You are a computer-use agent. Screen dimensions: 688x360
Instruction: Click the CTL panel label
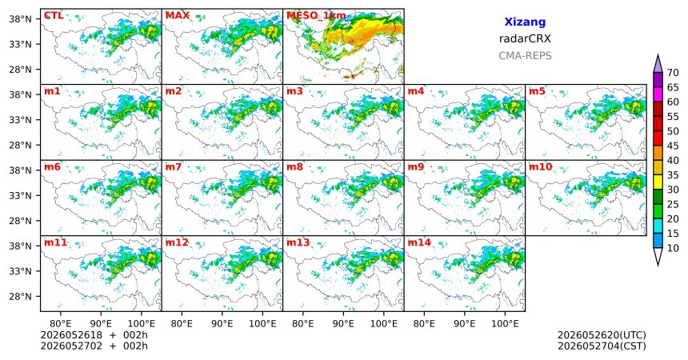point(54,16)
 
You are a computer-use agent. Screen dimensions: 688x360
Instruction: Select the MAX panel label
point(178,16)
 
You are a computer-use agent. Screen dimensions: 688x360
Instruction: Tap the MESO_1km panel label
point(316,16)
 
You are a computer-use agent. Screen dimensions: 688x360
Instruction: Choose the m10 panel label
point(541,167)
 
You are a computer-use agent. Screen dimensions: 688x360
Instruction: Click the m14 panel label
point(419,242)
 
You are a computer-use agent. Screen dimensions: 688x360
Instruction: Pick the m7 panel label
point(174,167)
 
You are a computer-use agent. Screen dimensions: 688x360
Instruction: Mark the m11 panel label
point(55,242)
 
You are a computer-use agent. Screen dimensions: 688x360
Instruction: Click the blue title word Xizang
point(525,22)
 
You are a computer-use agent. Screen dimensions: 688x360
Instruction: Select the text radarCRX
point(525,38)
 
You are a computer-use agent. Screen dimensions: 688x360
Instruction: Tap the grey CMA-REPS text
point(525,56)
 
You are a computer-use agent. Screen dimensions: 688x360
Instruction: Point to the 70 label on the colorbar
point(673,73)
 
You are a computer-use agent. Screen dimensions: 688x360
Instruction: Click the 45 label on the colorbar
point(673,146)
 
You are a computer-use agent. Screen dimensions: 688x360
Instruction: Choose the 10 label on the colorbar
point(673,248)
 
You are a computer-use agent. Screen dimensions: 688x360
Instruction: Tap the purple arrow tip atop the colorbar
point(658,55)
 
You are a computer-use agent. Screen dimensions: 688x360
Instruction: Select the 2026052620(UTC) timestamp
point(602,335)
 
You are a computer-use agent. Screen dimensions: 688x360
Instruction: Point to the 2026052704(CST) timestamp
point(602,346)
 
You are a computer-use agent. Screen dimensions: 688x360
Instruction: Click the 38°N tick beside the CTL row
point(20,19)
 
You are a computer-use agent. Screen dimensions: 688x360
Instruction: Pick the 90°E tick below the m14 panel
point(465,324)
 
